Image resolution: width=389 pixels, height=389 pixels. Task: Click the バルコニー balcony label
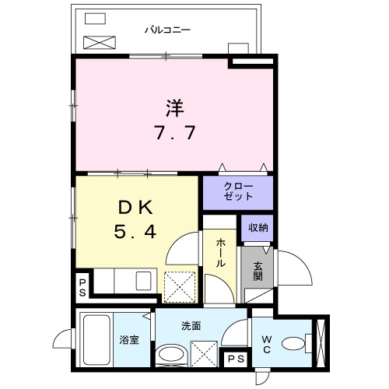pos(167,30)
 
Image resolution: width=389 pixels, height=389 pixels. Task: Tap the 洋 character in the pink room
pos(175,108)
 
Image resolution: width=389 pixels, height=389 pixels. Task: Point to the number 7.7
pos(175,132)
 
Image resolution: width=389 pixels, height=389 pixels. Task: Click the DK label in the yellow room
pos(135,207)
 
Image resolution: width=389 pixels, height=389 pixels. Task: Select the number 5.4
pos(135,232)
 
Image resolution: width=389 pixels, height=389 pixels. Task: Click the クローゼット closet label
pos(238,191)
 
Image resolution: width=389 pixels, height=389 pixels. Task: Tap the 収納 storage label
pos(258,228)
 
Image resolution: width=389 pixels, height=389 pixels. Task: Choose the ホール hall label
pos(220,253)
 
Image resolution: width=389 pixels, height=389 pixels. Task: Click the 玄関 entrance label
pos(258,272)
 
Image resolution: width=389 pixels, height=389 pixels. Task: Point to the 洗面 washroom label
pos(191,326)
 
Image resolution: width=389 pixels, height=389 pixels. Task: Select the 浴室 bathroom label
pos(129,340)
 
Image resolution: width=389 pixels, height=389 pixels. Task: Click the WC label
pos(267,344)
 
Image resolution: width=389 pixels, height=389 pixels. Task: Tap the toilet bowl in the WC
pos(293,344)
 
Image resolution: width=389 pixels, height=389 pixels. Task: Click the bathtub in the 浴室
pos(96,340)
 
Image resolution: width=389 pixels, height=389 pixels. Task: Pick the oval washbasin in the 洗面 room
pos(171,354)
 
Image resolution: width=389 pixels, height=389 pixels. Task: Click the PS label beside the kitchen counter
pos(82,288)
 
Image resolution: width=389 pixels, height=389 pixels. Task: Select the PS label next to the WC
pos(236,359)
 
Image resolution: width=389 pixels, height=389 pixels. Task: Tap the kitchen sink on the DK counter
pos(144,281)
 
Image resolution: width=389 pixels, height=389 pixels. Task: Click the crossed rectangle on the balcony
pos(100,43)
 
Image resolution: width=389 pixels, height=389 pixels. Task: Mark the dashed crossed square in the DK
pos(180,287)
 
